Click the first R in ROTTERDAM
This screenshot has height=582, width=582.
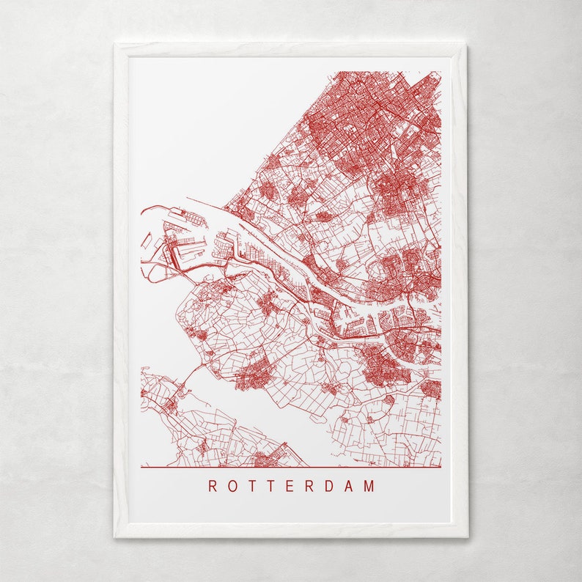click(213, 486)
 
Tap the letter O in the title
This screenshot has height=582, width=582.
click(232, 486)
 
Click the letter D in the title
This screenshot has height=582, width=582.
click(331, 486)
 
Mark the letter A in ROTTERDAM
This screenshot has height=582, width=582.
click(351, 486)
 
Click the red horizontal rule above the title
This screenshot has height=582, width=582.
click(291, 467)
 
